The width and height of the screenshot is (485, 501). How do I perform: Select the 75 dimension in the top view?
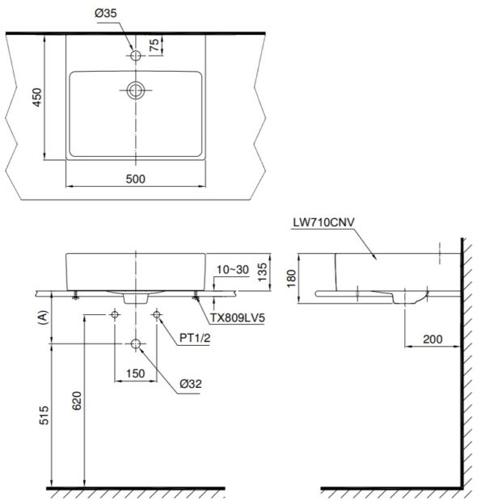pos(171,45)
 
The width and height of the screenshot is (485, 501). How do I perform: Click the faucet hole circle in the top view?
pos(136,55)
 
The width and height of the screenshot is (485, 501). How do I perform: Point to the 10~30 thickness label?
pos(230,268)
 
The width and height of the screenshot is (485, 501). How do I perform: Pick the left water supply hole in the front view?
pos(115,314)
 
